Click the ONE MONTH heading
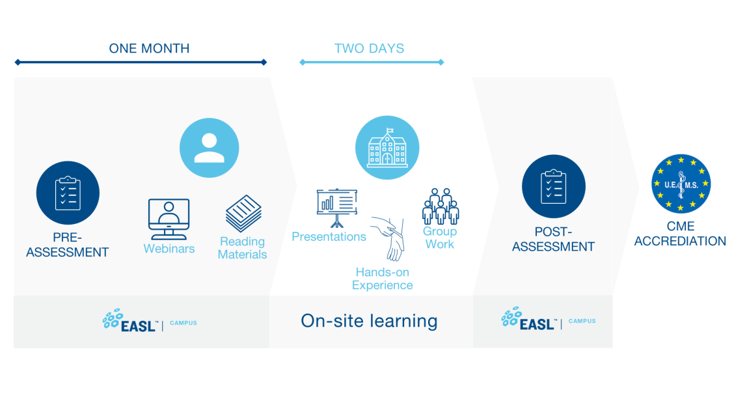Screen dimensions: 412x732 pos(149,48)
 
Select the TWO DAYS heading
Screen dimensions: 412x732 pos(369,48)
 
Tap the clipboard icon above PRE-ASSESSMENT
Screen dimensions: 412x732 pos(68,193)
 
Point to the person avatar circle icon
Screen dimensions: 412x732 pos(209,148)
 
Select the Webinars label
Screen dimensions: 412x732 pos(169,249)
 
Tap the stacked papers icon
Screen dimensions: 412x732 pos(243,213)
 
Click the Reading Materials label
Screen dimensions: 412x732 pos(242,248)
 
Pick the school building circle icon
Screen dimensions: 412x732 pos(387,148)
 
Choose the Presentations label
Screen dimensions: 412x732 pos(329,237)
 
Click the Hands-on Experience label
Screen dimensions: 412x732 pos(382,279)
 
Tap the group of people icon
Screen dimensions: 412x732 pos(441,206)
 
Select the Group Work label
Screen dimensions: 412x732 pos(440,238)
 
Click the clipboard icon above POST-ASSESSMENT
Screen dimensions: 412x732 pos(553,187)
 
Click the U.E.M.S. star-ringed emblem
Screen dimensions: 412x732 pos(681,183)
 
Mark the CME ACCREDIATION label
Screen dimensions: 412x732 pos(680,234)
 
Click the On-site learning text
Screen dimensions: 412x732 pos(369,320)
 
